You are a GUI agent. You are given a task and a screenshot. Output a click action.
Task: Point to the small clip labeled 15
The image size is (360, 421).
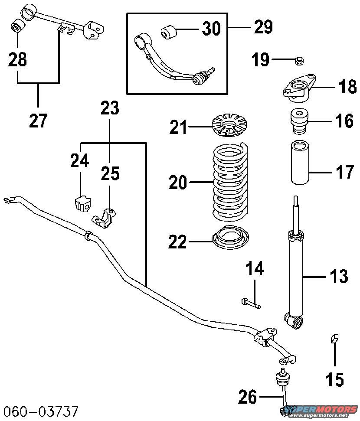(334, 338)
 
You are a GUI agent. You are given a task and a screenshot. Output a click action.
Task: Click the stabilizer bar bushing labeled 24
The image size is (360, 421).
(81, 203)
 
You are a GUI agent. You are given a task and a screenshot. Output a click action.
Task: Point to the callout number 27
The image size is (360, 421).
(38, 120)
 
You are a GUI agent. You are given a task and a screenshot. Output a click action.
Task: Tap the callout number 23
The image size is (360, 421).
(110, 108)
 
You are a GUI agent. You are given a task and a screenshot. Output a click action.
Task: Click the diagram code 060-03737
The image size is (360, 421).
(42, 410)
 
